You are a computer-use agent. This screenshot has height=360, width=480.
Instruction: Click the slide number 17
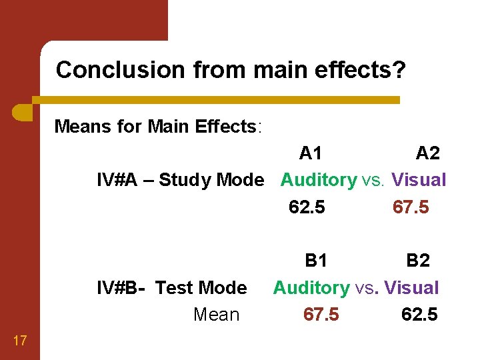[x=19, y=341]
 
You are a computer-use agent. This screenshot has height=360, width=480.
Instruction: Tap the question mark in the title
[x=399, y=69]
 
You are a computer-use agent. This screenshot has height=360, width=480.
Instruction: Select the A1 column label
[x=311, y=153]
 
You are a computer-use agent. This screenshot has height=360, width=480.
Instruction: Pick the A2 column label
[x=427, y=153]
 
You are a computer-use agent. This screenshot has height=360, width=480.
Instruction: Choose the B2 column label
[x=418, y=261]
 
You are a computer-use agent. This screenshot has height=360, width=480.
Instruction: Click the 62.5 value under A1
[x=307, y=207]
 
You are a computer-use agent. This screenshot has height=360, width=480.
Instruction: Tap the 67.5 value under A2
[x=411, y=207]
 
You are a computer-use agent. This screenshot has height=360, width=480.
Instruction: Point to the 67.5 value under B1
[x=321, y=315]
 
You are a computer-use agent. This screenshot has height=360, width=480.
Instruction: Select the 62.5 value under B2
[x=419, y=315]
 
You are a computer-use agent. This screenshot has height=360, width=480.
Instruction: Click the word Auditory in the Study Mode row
[x=319, y=180]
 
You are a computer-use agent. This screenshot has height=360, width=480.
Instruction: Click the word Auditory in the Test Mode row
[x=311, y=288]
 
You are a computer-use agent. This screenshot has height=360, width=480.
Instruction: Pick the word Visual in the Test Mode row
[x=411, y=288]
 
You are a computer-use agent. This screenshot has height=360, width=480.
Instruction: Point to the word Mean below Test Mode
[x=216, y=315]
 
